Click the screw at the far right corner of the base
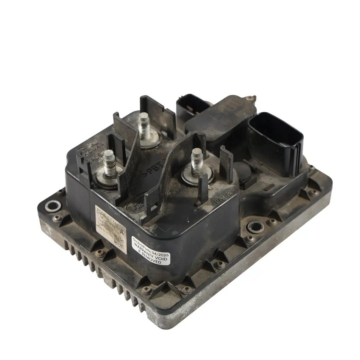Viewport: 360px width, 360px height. coord(312,193)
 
